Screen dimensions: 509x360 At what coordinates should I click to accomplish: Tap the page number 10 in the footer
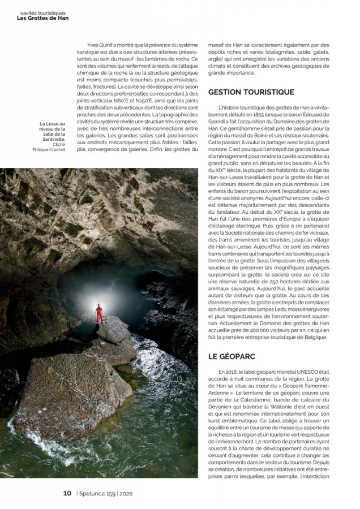click(x=67, y=493)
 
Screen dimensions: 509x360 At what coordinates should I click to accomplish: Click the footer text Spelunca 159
click(x=98, y=493)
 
